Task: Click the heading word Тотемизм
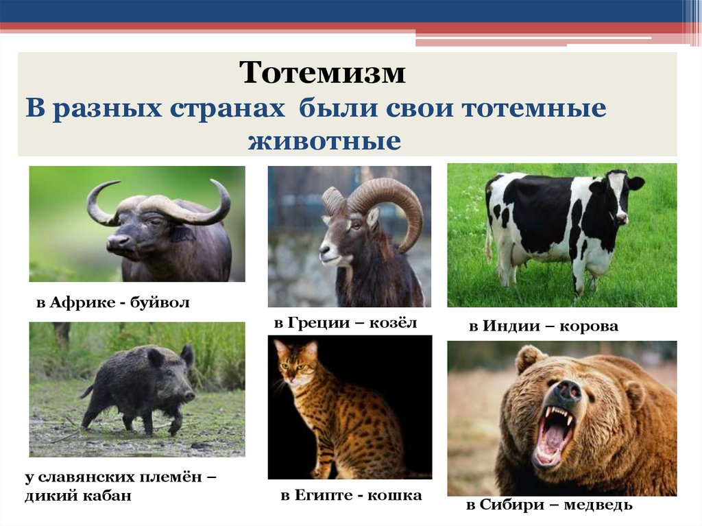pos(322,73)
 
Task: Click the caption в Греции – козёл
pos(345,322)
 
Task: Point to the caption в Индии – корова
pos(543,326)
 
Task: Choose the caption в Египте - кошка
pos(350,495)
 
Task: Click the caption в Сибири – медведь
pos(549,505)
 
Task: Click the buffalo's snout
pos(117,242)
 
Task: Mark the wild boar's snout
pos(189,396)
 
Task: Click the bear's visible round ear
pos(529,359)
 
